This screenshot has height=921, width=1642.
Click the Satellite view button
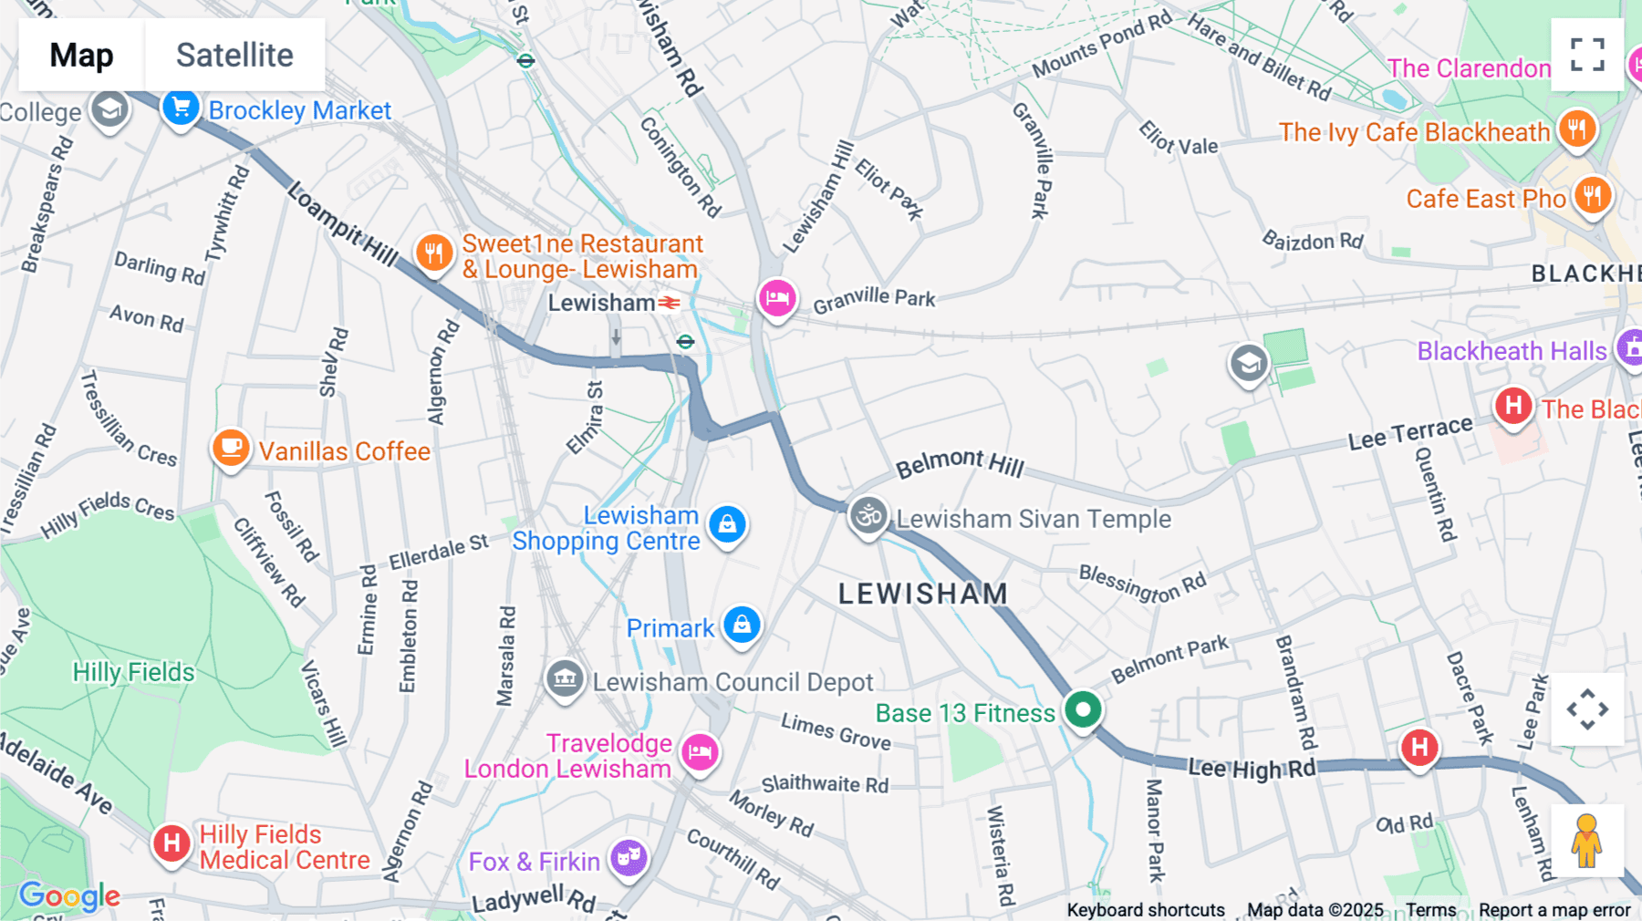pyautogui.click(x=234, y=56)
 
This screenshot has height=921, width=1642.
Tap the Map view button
pyautogui.click(x=81, y=56)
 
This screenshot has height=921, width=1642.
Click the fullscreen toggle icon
pyautogui.click(x=1587, y=55)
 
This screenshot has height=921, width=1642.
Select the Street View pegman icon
pyautogui.click(x=1586, y=841)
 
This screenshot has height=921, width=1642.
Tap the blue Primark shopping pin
pyautogui.click(x=742, y=626)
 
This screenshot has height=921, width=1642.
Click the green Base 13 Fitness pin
pyautogui.click(x=1083, y=709)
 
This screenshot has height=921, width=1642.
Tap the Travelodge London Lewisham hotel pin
pyautogui.click(x=700, y=752)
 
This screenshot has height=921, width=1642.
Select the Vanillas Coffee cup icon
pyautogui.click(x=231, y=448)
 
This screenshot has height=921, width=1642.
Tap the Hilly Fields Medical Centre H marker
pyautogui.click(x=171, y=843)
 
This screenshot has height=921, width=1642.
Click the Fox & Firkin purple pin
pyautogui.click(x=629, y=857)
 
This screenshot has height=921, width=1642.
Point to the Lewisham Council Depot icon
pyautogui.click(x=565, y=679)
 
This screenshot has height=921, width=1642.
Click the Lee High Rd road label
pyautogui.click(x=1252, y=769)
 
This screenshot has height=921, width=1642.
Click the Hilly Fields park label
pyautogui.click(x=134, y=672)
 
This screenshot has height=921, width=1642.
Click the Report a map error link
pyautogui.click(x=1554, y=910)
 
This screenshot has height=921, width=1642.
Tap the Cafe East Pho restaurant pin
pyautogui.click(x=1593, y=195)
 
